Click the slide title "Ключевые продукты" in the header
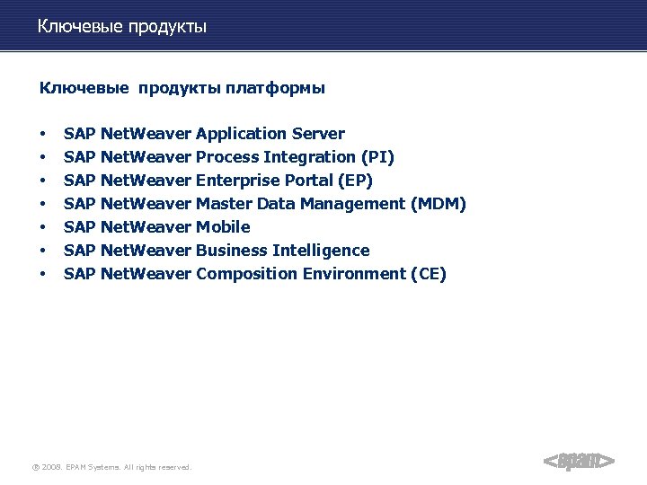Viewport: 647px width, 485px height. point(122,27)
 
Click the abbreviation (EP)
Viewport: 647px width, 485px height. point(357,181)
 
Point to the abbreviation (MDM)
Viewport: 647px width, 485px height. point(438,204)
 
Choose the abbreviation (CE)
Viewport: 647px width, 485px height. point(428,274)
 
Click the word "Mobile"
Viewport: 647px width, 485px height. point(223,227)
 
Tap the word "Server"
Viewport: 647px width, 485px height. point(318,134)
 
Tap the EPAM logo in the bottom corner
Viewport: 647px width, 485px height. point(579,461)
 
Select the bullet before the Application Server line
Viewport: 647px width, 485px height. point(42,135)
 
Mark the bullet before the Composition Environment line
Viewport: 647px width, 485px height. point(42,275)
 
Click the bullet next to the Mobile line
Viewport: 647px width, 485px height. point(42,228)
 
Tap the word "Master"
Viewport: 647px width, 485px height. point(224,204)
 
